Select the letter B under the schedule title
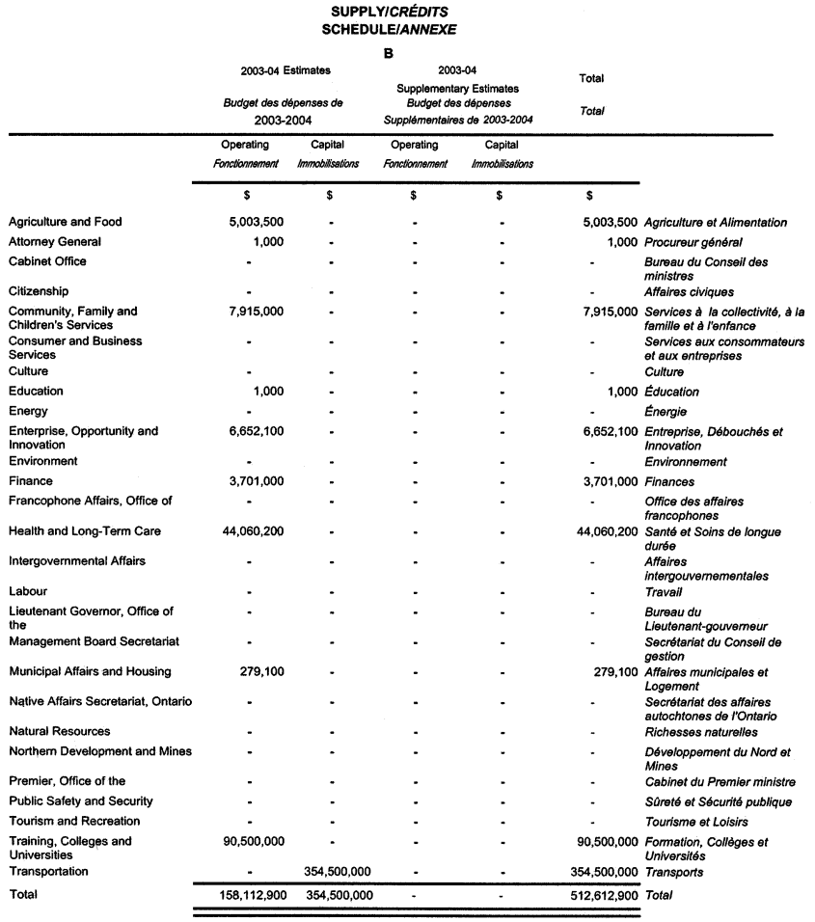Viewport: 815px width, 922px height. pos(389,54)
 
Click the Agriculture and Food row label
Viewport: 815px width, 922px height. pos(66,222)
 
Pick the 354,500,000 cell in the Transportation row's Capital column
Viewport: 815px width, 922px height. pos(338,872)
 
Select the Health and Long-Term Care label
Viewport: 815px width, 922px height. pos(85,531)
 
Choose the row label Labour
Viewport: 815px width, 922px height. pos(28,591)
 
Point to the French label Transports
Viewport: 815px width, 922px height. pos(673,872)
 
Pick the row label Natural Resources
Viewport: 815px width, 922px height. pos(60,731)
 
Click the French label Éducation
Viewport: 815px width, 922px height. pos(672,392)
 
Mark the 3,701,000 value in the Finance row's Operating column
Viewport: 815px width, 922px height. pos(255,481)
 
